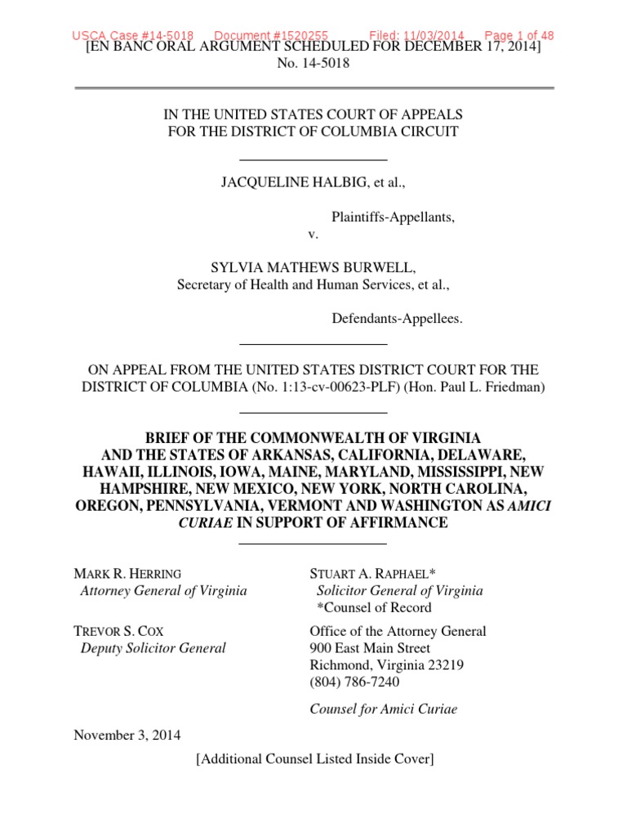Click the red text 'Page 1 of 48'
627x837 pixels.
tap(519, 35)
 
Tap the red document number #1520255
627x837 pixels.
tap(271, 35)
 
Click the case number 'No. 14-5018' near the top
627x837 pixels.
tap(314, 64)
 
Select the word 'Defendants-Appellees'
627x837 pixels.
tap(397, 319)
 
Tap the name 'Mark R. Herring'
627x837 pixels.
tap(128, 573)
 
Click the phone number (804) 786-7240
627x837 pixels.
tap(355, 682)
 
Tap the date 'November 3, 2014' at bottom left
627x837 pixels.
tap(128, 734)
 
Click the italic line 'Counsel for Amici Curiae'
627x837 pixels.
tap(384, 709)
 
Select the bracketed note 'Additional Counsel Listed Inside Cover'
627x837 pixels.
tap(314, 759)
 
